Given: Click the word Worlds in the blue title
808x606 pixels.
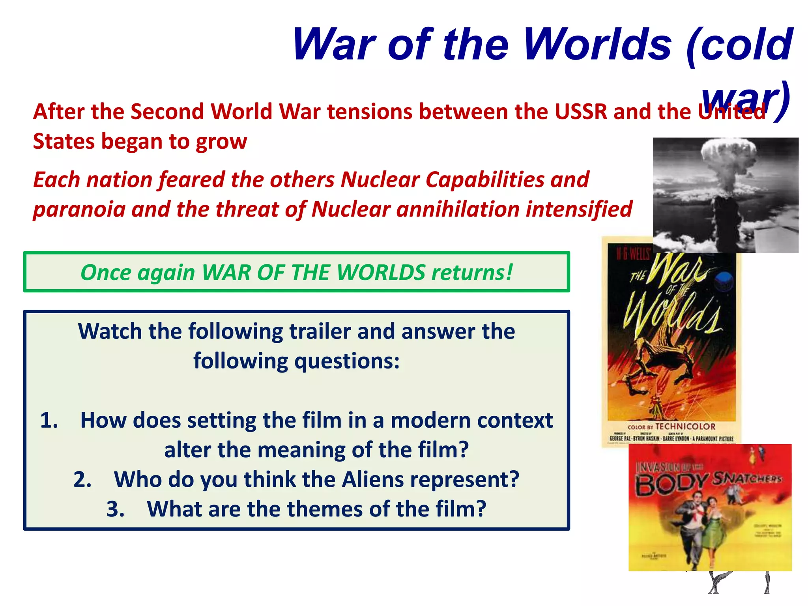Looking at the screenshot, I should click(x=597, y=44).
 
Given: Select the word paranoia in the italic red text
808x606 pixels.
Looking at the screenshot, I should click(x=79, y=209).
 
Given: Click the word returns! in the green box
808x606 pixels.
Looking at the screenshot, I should click(x=472, y=272).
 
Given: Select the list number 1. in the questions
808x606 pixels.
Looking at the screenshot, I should click(x=49, y=420).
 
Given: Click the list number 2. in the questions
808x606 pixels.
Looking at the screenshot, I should click(x=82, y=480).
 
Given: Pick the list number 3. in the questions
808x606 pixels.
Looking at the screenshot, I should click(x=116, y=509).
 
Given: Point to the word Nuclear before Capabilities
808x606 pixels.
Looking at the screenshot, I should click(x=380, y=180).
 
